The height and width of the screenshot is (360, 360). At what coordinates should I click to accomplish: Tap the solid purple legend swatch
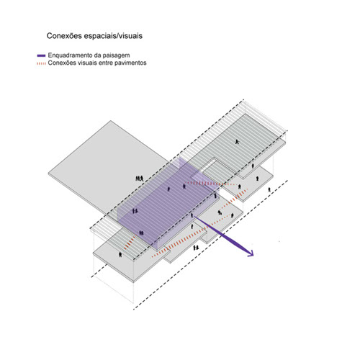[41, 55]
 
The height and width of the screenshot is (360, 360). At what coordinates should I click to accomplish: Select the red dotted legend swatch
[41, 63]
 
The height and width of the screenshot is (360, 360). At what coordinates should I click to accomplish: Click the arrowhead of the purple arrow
[251, 253]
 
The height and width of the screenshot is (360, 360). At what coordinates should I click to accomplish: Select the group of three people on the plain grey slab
[140, 179]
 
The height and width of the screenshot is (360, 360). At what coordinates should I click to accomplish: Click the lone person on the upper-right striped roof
[237, 142]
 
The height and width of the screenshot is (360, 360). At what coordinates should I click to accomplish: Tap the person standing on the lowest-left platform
[120, 254]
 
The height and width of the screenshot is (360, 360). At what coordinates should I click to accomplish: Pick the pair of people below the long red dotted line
[196, 248]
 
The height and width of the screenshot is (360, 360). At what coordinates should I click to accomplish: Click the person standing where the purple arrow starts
[192, 215]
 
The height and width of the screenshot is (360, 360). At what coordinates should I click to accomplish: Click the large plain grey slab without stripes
[106, 166]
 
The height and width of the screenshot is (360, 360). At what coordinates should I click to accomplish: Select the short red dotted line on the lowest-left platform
[130, 243]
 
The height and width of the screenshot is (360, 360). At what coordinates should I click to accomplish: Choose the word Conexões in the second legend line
[62, 63]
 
